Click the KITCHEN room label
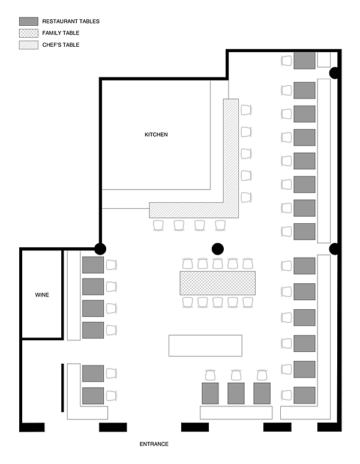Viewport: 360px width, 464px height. (156, 134)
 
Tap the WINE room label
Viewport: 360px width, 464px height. (42, 295)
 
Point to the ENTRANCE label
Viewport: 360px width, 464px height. (154, 444)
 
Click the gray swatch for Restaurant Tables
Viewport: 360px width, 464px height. (29, 21)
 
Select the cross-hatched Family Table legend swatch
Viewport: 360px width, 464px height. (29, 33)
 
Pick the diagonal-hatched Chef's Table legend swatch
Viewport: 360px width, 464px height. (29, 45)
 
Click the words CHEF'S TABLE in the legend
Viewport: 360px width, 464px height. (61, 45)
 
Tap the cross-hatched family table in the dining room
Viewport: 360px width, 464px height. (218, 283)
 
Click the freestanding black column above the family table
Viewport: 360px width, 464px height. (218, 249)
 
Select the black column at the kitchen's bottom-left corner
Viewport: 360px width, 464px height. (100, 249)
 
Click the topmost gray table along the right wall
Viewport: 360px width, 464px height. (304, 61)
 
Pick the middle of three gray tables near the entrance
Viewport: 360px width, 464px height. (236, 393)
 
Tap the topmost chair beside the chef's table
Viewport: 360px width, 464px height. (246, 110)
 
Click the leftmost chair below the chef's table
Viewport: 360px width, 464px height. (158, 226)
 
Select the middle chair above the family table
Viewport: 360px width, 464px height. (218, 264)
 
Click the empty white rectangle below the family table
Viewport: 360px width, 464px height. (205, 346)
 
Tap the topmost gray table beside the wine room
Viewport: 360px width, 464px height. (93, 265)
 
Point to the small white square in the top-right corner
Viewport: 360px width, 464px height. (324, 60)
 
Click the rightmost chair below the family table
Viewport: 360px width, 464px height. (248, 303)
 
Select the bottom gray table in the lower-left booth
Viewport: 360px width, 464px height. (93, 396)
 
